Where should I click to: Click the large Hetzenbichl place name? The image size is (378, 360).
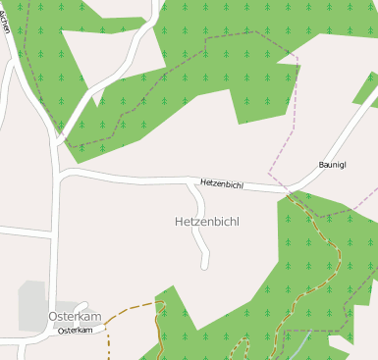click(x=206, y=222)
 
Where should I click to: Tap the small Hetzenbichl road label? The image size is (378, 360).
click(x=221, y=183)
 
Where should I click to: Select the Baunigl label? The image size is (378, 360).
click(x=333, y=164)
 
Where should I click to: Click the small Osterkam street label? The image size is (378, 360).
click(x=81, y=331)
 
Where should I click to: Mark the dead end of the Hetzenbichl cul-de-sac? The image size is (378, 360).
click(x=205, y=266)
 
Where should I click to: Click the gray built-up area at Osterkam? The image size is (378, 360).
click(x=32, y=300)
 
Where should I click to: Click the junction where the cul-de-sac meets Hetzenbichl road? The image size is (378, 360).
click(x=190, y=181)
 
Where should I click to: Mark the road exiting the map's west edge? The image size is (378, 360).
click(x=20, y=231)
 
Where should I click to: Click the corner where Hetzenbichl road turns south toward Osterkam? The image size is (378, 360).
click(x=61, y=177)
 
